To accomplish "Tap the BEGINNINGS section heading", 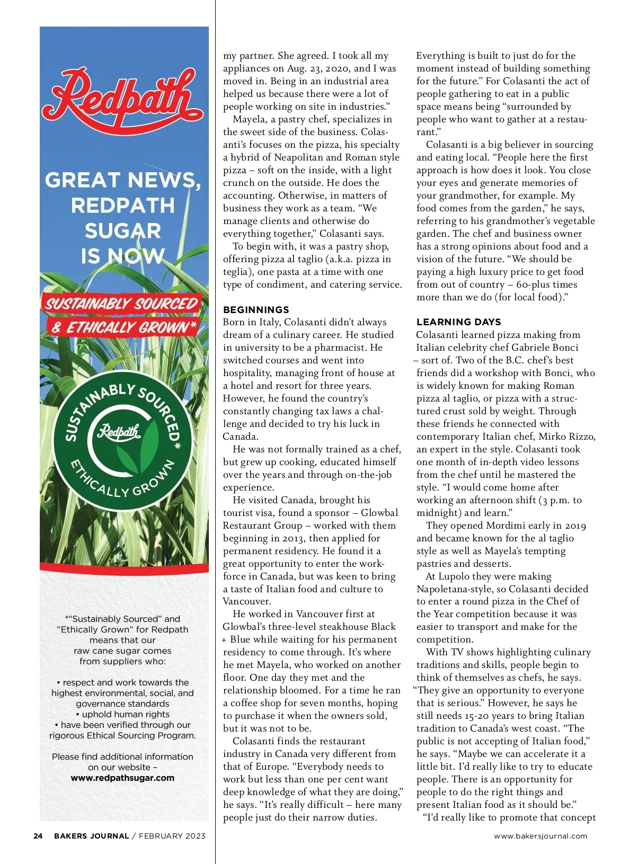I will (256, 310).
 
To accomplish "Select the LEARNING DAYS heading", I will (458, 322).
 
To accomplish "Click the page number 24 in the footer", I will (38, 836).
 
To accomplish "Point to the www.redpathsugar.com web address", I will (122, 778).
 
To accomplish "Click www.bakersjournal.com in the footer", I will (540, 836).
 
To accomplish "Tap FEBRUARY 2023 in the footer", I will (172, 836).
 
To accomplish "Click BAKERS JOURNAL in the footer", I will (91, 836).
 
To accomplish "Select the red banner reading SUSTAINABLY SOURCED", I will (121, 304).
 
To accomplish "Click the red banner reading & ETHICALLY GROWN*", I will (124, 327).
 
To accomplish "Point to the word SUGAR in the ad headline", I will (123, 231).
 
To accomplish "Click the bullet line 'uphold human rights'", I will (122, 714).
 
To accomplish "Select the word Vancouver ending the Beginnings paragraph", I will (246, 601).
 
